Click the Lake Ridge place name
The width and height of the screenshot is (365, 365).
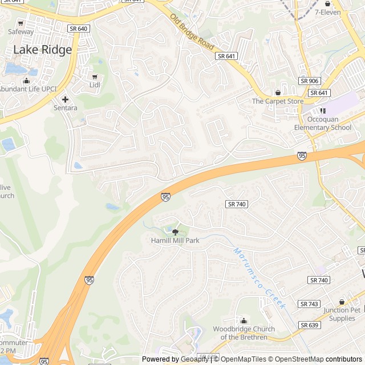42,50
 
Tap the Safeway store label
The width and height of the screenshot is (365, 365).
21,32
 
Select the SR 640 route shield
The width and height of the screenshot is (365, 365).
78,28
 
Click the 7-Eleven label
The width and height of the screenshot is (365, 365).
328,12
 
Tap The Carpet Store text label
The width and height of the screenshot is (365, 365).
278,102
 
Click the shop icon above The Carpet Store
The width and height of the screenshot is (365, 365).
278,92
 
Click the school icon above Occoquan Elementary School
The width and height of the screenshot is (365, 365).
323,111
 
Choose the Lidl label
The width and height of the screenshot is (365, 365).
95,85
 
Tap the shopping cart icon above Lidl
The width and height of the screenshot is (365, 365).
95,76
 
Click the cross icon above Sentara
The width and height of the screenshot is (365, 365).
65,99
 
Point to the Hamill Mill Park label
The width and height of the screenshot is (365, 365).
175,241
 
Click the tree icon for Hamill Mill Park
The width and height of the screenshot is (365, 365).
175,232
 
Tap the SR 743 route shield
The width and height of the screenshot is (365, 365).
309,304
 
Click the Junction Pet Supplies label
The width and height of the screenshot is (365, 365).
342,314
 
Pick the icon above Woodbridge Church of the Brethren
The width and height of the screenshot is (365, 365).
244,321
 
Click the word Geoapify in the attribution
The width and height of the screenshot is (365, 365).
194,359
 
